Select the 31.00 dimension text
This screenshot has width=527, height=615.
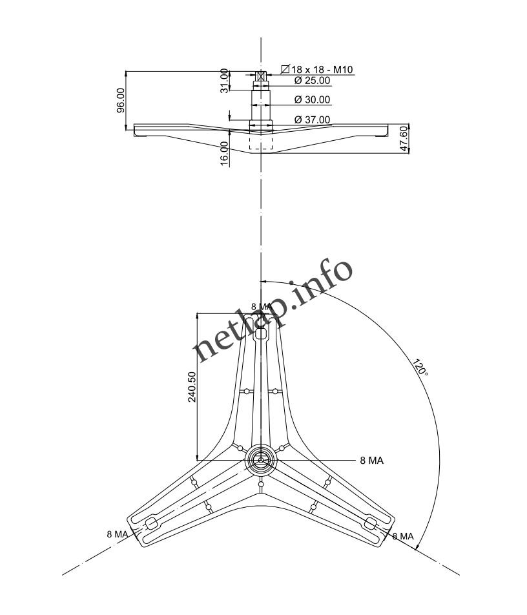click(x=225, y=81)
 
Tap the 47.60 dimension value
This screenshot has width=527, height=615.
click(x=404, y=139)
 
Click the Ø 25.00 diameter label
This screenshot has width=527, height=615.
click(x=312, y=81)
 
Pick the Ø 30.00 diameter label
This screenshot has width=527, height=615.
click(x=312, y=100)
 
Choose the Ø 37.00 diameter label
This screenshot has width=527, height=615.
click(x=312, y=120)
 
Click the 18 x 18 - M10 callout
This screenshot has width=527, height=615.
click(x=322, y=69)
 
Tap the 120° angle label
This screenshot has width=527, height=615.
click(x=420, y=369)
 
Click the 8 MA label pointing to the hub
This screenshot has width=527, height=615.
click(x=371, y=461)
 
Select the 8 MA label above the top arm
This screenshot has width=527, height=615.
click(x=262, y=306)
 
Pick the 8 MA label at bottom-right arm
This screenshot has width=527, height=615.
click(x=403, y=536)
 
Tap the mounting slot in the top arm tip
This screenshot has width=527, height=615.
click(x=261, y=335)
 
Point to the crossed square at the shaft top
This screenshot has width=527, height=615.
click(x=261, y=76)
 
